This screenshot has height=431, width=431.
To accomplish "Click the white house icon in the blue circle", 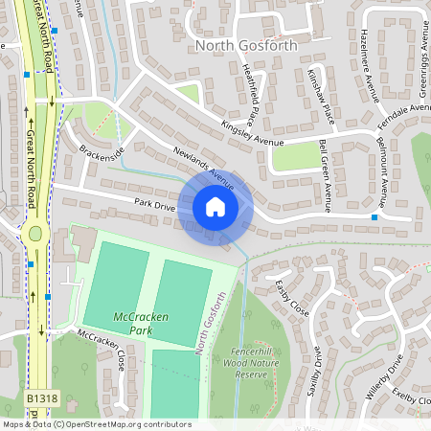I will (x=215, y=207).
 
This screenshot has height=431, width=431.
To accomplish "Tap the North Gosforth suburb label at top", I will (x=246, y=45).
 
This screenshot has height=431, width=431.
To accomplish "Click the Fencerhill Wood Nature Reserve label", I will (x=265, y=357).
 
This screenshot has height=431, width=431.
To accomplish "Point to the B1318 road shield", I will (x=41, y=397).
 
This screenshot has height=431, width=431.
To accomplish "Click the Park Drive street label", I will (x=154, y=205).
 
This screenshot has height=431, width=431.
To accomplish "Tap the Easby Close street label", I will (x=291, y=298).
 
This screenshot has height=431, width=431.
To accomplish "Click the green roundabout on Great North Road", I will (x=36, y=233).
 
